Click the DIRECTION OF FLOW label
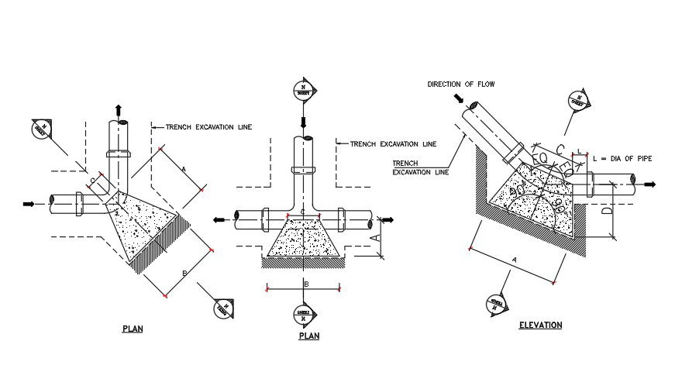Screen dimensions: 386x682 pos(460,84)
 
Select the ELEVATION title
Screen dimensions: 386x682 pos(540,325)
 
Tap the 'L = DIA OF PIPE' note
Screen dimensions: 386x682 pos(622,158)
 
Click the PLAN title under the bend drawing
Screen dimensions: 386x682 pos(133,329)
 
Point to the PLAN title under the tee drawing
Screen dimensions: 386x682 pos(309,336)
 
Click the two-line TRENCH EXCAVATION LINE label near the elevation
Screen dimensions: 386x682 pos(420,167)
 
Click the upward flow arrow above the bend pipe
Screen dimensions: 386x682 pos(118,109)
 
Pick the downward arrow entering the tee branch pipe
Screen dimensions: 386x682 pos(303,122)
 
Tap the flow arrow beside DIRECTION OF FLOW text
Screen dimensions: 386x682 pos(459,98)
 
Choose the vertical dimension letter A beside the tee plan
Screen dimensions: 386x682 pos(378,239)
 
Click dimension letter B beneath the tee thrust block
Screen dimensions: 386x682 pos(306,284)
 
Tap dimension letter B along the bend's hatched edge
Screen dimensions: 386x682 pos(184,272)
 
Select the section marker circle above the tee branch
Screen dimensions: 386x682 pos(303,90)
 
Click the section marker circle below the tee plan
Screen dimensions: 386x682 pos(303,313)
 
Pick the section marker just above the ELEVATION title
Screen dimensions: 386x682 pos(497,302)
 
